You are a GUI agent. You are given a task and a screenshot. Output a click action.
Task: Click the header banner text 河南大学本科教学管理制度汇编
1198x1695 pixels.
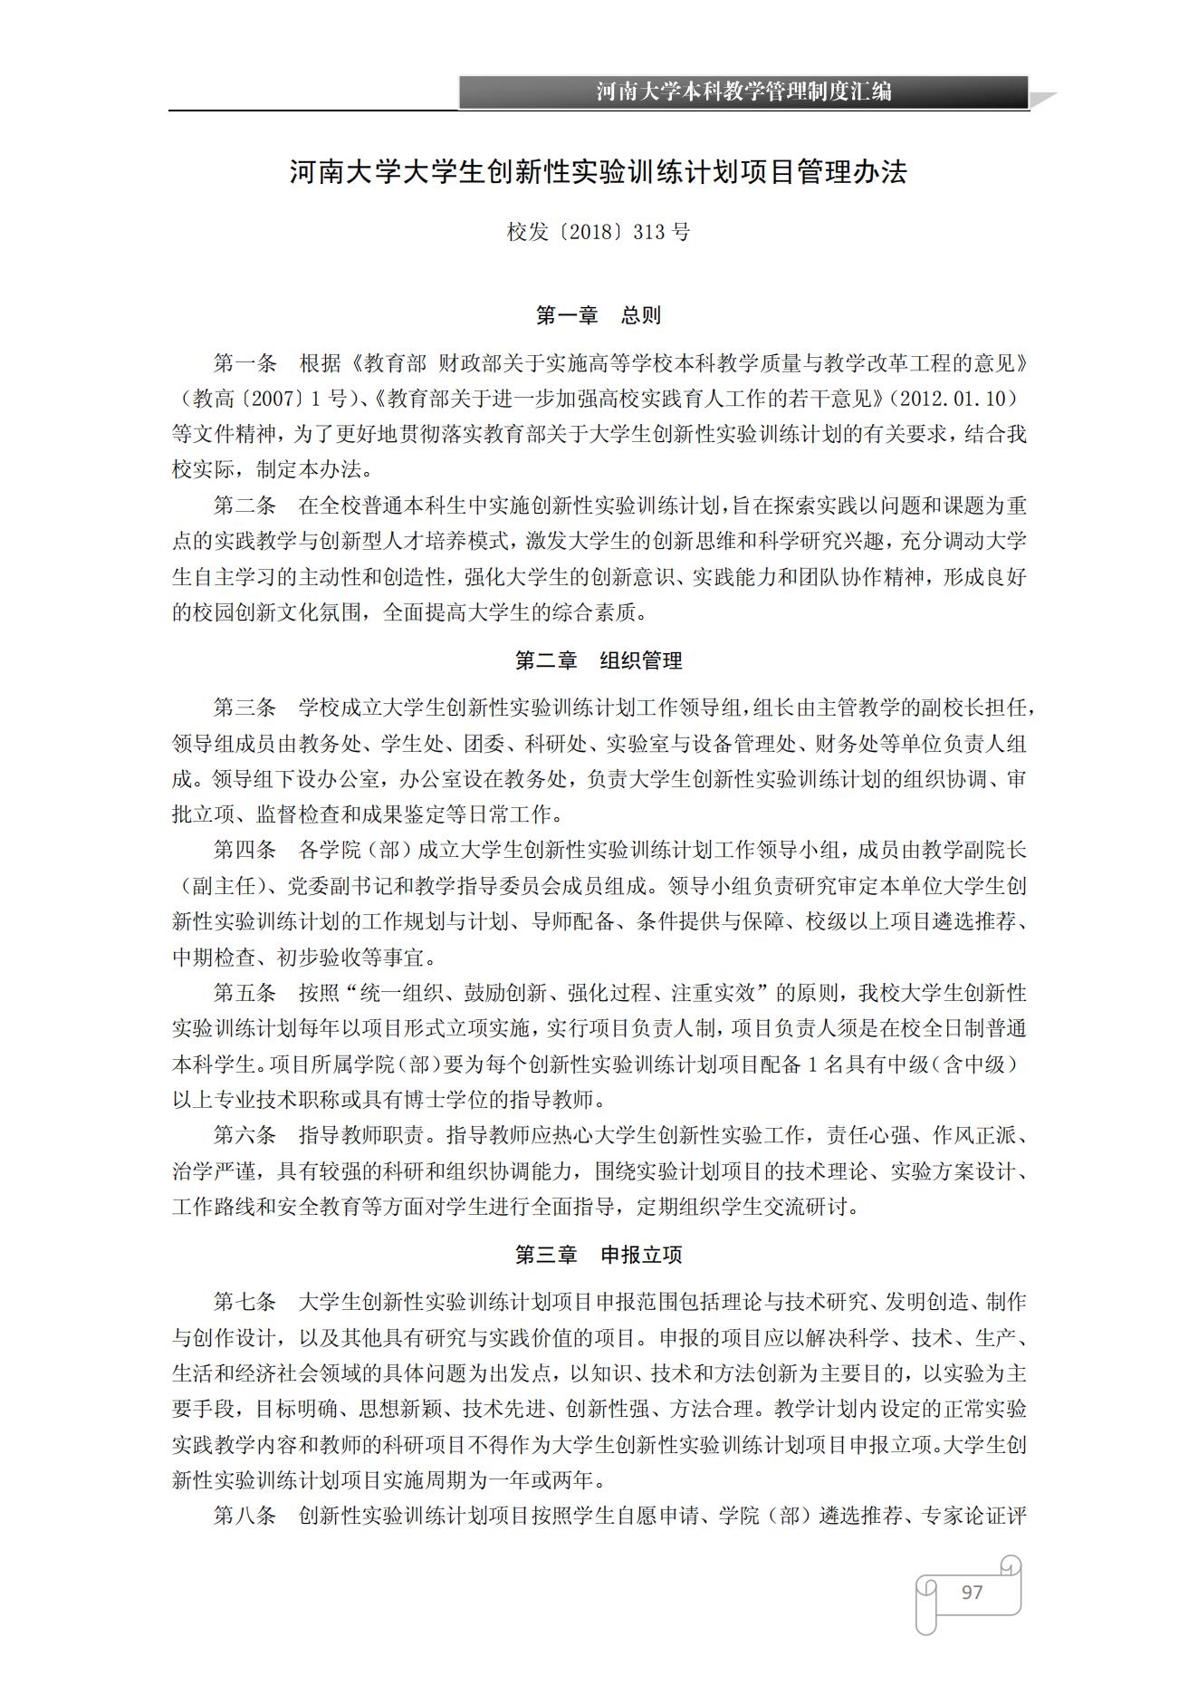[743, 91]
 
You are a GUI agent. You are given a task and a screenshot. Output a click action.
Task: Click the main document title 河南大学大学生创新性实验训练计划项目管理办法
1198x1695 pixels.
[599, 172]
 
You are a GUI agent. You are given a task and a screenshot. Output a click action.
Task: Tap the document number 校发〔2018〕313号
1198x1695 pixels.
[599, 232]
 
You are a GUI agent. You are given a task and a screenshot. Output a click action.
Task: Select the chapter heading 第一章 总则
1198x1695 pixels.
[599, 316]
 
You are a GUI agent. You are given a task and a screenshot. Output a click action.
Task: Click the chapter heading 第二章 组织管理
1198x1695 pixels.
[599, 661]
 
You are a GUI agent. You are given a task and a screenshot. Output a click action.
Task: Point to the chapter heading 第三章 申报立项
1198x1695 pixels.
[599, 1255]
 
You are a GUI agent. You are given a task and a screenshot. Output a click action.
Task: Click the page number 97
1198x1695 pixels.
[972, 1592]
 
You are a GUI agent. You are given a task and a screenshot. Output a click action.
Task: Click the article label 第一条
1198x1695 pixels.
[244, 364]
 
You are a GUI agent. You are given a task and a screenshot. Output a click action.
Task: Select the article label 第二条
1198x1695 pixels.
[244, 506]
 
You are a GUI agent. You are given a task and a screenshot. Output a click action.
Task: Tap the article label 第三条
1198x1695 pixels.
[244, 708]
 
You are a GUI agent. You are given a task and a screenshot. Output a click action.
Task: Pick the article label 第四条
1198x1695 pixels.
[244, 850]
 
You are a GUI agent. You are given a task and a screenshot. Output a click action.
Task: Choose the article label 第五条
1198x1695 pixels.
[244, 993]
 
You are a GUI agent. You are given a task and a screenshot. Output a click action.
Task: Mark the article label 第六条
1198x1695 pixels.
[244, 1135]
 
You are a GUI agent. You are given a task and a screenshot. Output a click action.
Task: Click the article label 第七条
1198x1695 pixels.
[244, 1302]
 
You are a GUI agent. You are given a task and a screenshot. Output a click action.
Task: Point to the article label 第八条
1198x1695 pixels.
[244, 1516]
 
